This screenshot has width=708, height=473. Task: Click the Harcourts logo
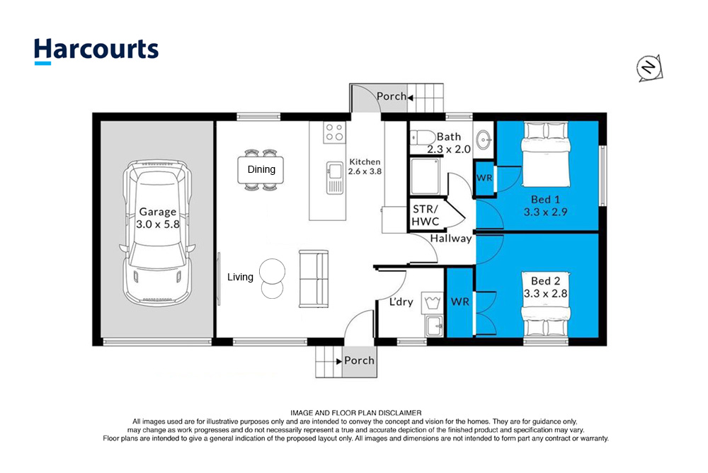tap(96, 50)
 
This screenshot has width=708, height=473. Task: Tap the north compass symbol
tap(649, 68)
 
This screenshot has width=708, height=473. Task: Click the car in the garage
tap(157, 233)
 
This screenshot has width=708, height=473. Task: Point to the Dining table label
tap(261, 169)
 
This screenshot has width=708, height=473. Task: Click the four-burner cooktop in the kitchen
tap(335, 132)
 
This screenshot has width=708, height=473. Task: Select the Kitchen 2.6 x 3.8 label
tap(365, 166)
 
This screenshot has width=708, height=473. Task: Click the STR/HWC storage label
tap(426, 215)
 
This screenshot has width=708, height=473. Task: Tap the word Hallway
tap(450, 238)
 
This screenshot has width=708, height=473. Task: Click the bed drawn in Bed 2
tap(545, 303)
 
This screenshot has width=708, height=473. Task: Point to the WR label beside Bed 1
tap(484, 178)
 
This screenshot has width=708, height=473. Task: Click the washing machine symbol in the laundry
tap(432, 302)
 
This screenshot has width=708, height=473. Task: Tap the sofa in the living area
tap(314, 279)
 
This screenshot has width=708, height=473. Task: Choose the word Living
tap(240, 277)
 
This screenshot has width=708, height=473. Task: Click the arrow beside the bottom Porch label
tap(338, 361)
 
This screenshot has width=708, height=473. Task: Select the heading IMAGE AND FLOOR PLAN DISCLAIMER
tap(356, 413)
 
